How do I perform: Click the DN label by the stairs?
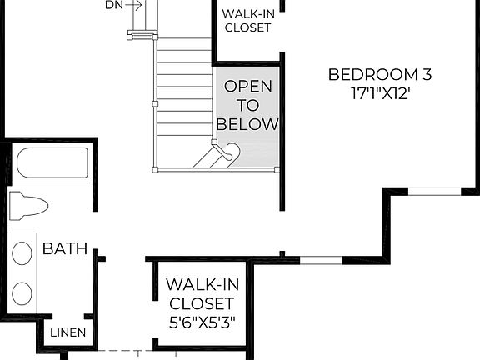[114, 5]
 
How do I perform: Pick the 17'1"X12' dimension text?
[382, 94]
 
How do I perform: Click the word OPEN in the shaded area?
[247, 86]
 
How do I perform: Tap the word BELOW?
[247, 124]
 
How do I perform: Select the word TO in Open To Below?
[247, 105]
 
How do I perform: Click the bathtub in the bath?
[52, 163]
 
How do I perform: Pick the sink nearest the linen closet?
[23, 292]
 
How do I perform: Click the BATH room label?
[65, 248]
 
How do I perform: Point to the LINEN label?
[67, 332]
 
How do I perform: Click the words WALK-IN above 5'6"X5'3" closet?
[200, 284]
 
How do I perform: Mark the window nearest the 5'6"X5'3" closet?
[320, 259]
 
